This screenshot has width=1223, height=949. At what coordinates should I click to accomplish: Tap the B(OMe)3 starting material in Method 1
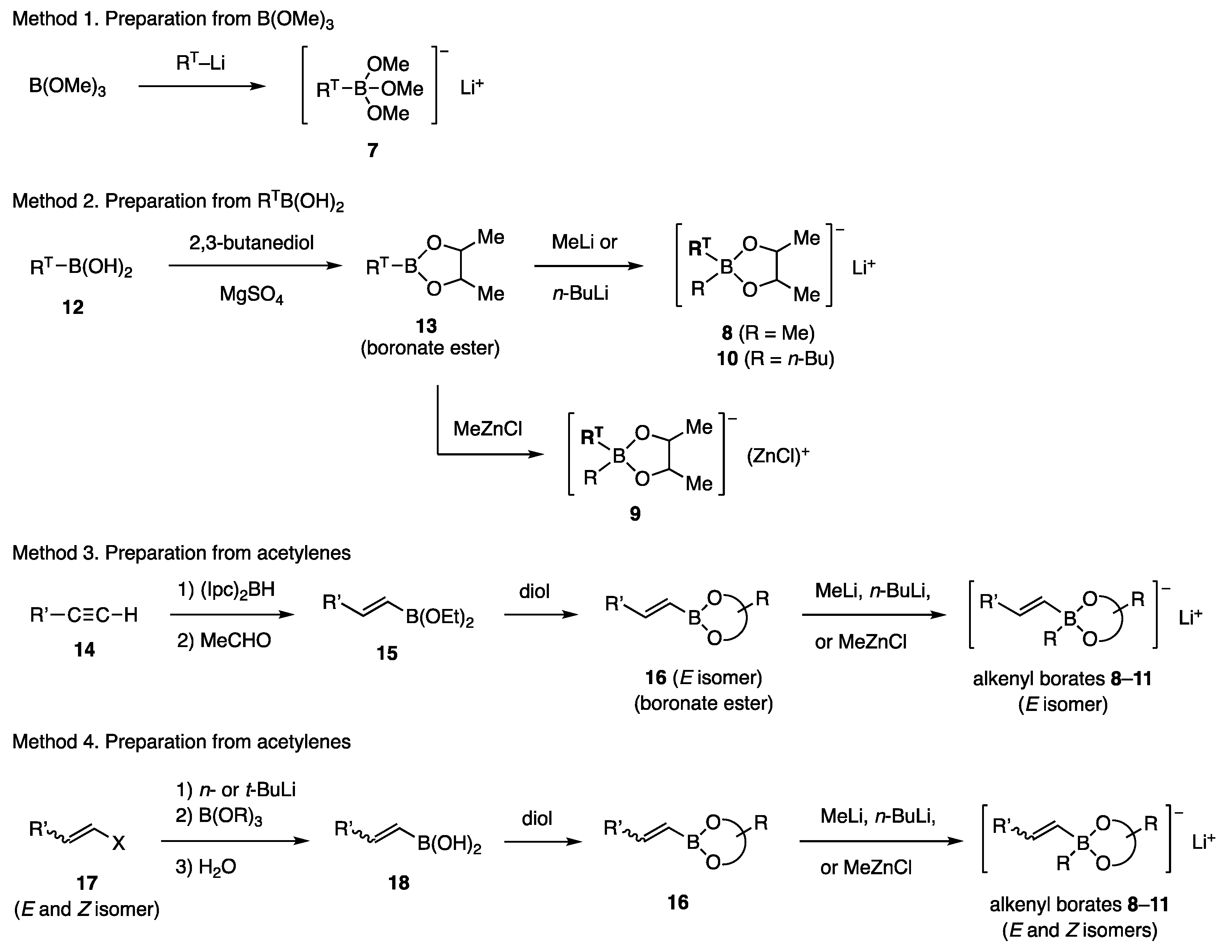pos(67,87)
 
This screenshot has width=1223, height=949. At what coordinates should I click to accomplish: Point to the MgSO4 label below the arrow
pos(251,294)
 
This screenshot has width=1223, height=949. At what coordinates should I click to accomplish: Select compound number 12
pos(73,307)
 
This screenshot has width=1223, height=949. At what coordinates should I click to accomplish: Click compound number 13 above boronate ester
pos(426,326)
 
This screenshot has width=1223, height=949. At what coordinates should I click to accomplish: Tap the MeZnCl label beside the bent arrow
pos(487,429)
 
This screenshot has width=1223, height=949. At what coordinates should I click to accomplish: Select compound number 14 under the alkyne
pos(85,650)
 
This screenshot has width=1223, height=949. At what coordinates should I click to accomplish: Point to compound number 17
pos(87,883)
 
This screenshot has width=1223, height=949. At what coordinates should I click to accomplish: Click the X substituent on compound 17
pos(118,843)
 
